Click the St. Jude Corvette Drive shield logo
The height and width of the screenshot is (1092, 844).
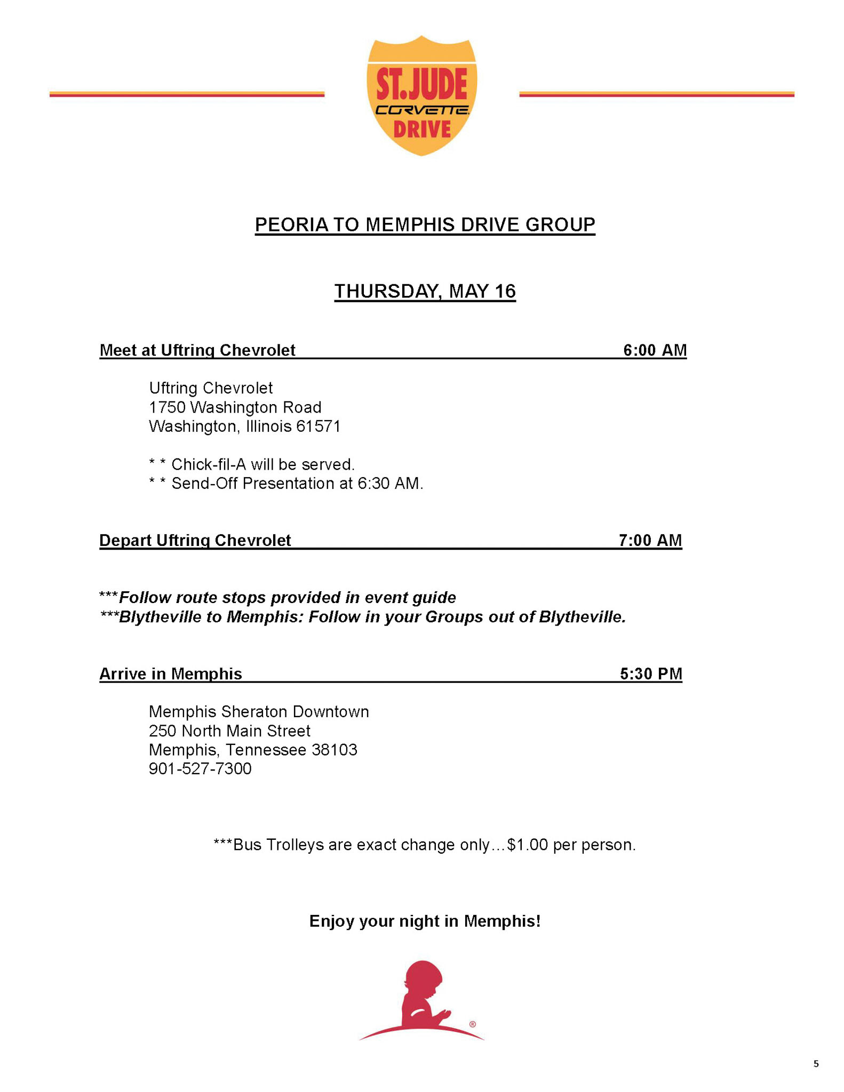point(421,96)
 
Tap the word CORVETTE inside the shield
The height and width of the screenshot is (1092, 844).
point(422,110)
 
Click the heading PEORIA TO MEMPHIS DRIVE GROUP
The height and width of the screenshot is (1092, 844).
point(425,224)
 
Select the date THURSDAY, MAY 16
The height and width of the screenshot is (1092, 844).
point(425,291)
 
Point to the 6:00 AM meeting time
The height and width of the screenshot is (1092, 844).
point(655,350)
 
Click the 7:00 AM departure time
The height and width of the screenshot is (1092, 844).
point(650,540)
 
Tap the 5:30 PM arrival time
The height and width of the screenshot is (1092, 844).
point(651,673)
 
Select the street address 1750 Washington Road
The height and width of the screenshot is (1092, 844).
point(235,407)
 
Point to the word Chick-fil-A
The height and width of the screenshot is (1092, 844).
point(209,464)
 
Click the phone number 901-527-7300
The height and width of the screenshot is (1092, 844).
point(200,768)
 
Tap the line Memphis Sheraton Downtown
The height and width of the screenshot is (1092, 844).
point(259,711)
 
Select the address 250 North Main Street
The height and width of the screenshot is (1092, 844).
point(229,730)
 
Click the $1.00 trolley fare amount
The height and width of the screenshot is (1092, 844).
point(528,845)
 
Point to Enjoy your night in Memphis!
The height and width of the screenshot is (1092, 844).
point(425,921)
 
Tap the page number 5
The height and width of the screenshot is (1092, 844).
point(816,1064)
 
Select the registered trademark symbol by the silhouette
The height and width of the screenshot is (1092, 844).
point(473,1024)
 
